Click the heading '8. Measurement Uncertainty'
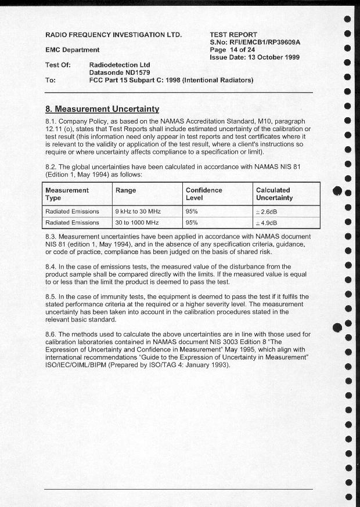(102, 108)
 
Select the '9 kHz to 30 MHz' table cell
(138, 211)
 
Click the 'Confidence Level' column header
(204, 194)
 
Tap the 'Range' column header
(126, 190)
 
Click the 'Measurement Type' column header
(67, 194)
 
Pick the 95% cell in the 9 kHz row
(192, 211)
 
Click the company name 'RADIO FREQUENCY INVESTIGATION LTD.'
(114, 35)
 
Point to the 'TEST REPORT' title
(233, 35)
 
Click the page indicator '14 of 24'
(243, 50)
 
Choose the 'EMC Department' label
(73, 50)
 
